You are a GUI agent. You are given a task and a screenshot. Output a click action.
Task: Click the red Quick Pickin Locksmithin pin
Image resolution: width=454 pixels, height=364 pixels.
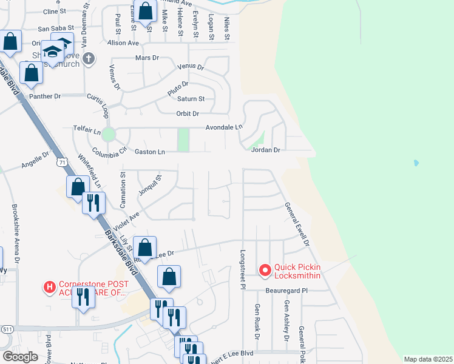click(265, 271)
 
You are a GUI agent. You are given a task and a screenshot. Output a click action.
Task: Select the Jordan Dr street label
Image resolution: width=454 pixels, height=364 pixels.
click(266, 150)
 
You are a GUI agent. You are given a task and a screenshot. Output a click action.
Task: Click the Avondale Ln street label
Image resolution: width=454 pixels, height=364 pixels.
click(223, 127)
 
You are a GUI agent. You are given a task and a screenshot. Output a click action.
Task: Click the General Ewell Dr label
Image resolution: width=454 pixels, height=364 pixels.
click(297, 224)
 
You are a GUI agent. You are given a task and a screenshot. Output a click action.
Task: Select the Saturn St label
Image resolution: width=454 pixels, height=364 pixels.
click(191, 99)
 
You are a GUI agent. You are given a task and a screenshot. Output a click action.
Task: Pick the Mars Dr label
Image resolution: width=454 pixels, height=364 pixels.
click(146, 58)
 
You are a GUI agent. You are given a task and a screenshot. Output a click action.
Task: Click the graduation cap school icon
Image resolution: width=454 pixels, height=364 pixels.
click(53, 51)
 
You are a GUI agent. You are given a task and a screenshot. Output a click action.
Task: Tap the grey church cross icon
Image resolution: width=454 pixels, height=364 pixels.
click(89, 58)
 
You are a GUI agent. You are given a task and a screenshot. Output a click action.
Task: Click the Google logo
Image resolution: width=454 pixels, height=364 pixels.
click(19, 357)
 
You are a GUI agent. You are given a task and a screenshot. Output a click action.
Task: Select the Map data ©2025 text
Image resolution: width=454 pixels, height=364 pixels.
click(428, 359)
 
